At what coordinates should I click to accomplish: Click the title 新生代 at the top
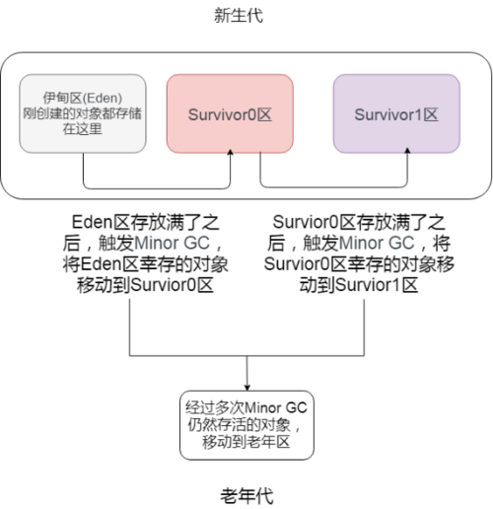(x=246, y=17)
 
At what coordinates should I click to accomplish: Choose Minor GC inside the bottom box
(x=269, y=405)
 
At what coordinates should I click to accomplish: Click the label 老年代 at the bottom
(x=246, y=493)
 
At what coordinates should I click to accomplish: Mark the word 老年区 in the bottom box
(x=277, y=443)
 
